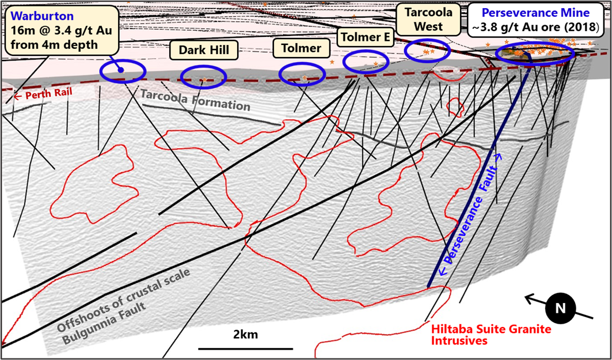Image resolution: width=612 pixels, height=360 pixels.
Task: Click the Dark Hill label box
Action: tap(204, 50)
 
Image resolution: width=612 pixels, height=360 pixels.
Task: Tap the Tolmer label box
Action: tap(301, 48)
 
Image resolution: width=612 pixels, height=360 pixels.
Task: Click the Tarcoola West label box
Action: tap(428, 19)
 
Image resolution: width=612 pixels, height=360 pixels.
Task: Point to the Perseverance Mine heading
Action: tap(535, 12)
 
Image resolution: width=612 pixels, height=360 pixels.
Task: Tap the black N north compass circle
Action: tap(560, 308)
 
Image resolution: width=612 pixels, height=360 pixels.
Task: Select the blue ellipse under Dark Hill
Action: tap(203, 77)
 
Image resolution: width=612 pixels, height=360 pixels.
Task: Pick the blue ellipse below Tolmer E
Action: tap(367, 61)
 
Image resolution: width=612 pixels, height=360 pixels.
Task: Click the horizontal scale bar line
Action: tap(246, 348)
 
